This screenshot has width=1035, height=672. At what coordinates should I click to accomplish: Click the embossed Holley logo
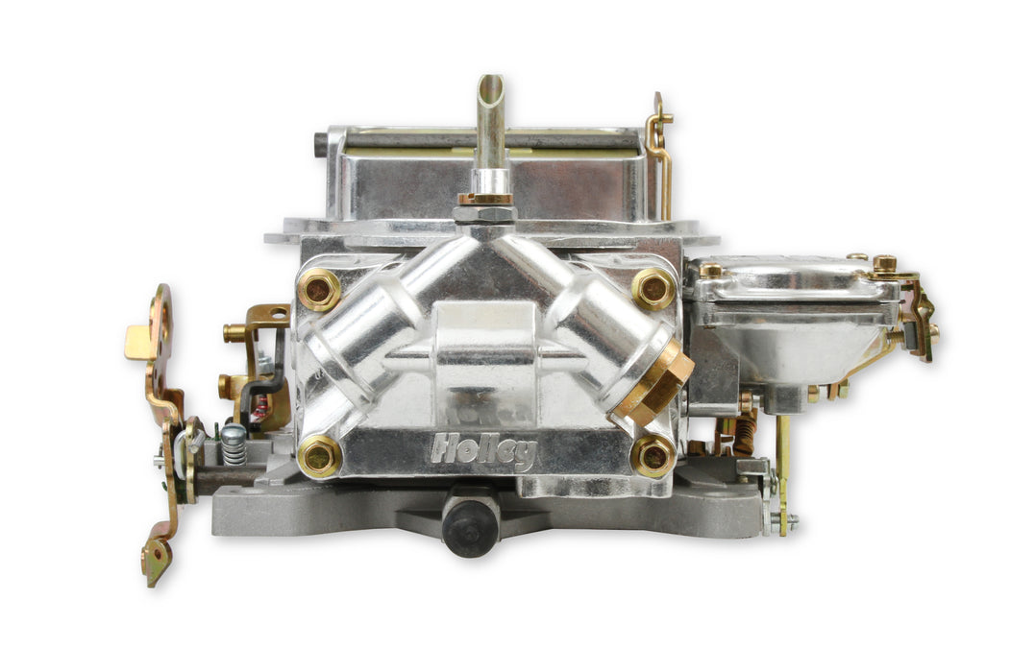(482, 449)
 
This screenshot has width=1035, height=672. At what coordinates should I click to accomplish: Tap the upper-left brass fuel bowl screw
(318, 289)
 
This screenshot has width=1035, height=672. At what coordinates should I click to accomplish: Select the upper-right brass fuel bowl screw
(653, 288)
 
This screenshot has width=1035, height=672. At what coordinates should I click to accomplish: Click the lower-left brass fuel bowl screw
(319, 456)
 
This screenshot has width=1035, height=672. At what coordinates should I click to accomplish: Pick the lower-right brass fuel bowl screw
(653, 456)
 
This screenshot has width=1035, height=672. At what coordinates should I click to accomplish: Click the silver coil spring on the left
(234, 444)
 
